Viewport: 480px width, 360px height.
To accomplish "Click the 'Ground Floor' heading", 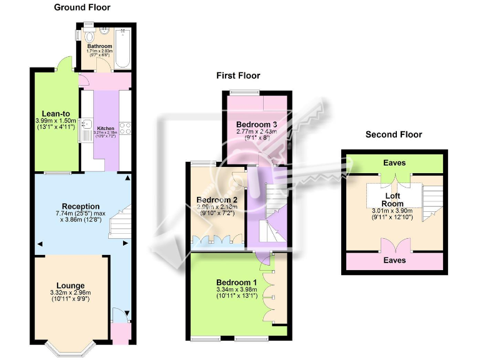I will pyautogui.click(x=82, y=7).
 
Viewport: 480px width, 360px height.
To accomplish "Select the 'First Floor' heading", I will pyautogui.click(x=238, y=76).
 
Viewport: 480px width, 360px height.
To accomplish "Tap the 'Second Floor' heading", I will pyautogui.click(x=394, y=134).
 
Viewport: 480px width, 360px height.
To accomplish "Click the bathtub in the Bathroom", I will pyautogui.click(x=122, y=48).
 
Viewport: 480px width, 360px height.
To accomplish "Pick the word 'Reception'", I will pyautogui.click(x=81, y=206).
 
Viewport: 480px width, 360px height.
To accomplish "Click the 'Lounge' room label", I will pyautogui.click(x=71, y=285).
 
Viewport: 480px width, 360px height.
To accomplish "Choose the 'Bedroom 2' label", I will pyautogui.click(x=215, y=200).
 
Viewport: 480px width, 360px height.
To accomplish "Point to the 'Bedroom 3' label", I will pyautogui.click(x=256, y=124).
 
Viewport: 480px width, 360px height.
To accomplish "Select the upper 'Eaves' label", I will pyautogui.click(x=394, y=163).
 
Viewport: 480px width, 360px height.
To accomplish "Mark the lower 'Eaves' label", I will pyautogui.click(x=394, y=260).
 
